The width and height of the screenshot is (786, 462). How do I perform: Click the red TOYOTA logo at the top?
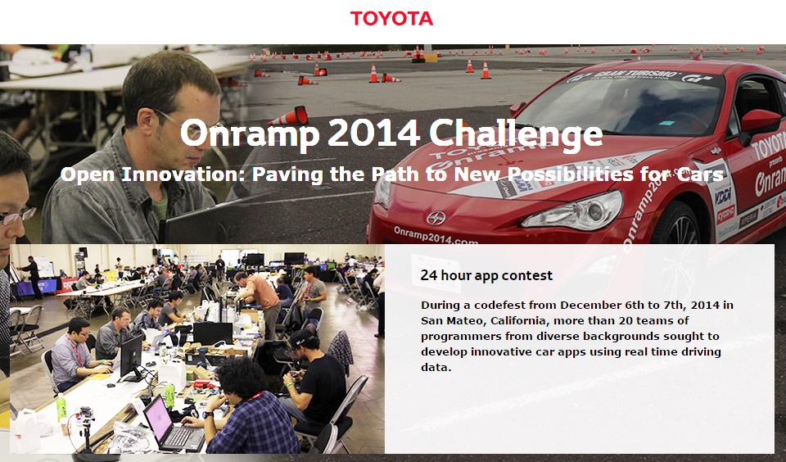[x=391, y=19]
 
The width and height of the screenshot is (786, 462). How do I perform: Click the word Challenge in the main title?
[x=516, y=134]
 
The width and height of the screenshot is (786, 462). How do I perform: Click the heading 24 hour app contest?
[x=486, y=275]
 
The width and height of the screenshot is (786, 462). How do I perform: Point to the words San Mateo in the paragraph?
[x=451, y=320]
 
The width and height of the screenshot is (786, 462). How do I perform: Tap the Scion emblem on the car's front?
[x=436, y=218]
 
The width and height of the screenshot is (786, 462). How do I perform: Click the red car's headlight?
[x=572, y=210]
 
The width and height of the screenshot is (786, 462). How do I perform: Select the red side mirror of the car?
[x=760, y=124]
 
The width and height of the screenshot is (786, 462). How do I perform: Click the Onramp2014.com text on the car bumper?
[x=436, y=235]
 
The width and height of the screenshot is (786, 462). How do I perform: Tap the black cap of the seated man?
[x=301, y=337]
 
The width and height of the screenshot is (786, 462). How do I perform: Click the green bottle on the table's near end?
[x=61, y=407]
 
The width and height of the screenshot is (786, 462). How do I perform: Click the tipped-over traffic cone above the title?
[x=290, y=117]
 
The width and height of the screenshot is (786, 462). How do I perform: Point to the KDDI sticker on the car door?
[x=722, y=196]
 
